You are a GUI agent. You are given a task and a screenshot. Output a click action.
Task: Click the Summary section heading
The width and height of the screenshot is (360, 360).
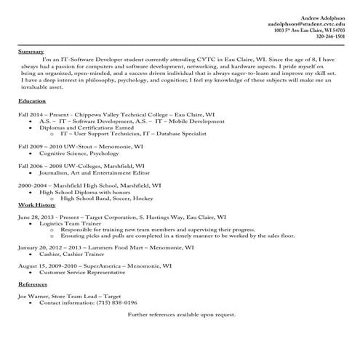[31, 52]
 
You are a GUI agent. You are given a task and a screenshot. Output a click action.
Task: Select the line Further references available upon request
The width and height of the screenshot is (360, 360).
[182, 313]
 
